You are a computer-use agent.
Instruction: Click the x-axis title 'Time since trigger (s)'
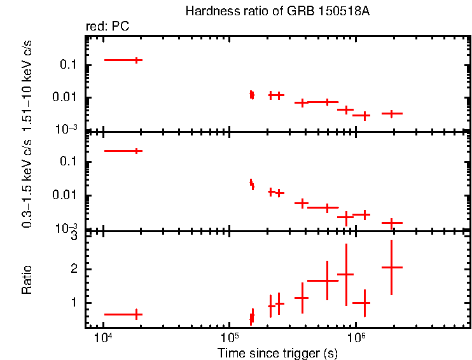pyautogui.click(x=277, y=353)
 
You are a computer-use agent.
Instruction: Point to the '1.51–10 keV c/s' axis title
pyautogui.click(x=27, y=81)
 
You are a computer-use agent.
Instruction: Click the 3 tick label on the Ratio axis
pyautogui.click(x=74, y=236)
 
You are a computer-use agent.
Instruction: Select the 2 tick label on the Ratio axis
pyautogui.click(x=74, y=269)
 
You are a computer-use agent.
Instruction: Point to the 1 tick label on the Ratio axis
pyautogui.click(x=74, y=302)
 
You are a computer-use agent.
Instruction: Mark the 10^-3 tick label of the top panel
pyautogui.click(x=67, y=129)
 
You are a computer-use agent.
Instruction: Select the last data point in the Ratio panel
pyautogui.click(x=392, y=267)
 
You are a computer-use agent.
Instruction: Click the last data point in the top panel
pyautogui.click(x=392, y=113)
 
